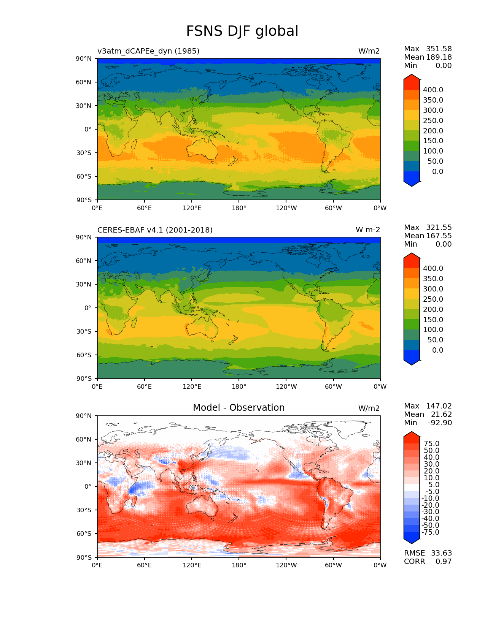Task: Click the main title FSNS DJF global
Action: point(242,31)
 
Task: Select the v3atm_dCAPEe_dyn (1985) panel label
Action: point(148,51)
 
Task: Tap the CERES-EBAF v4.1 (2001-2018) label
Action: point(155,230)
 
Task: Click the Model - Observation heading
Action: point(239,408)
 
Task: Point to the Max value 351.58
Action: point(439,49)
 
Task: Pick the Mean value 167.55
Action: point(439,236)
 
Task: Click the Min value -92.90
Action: point(440,423)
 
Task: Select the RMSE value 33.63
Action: point(441,553)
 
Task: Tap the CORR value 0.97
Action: point(444,561)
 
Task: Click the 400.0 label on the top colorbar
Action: point(433,90)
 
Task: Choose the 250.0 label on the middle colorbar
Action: point(433,299)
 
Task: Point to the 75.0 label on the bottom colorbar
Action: point(431,443)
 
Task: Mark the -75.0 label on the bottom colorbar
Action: point(430,532)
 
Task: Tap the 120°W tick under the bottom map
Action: point(286,565)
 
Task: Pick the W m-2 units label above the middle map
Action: point(367,230)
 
